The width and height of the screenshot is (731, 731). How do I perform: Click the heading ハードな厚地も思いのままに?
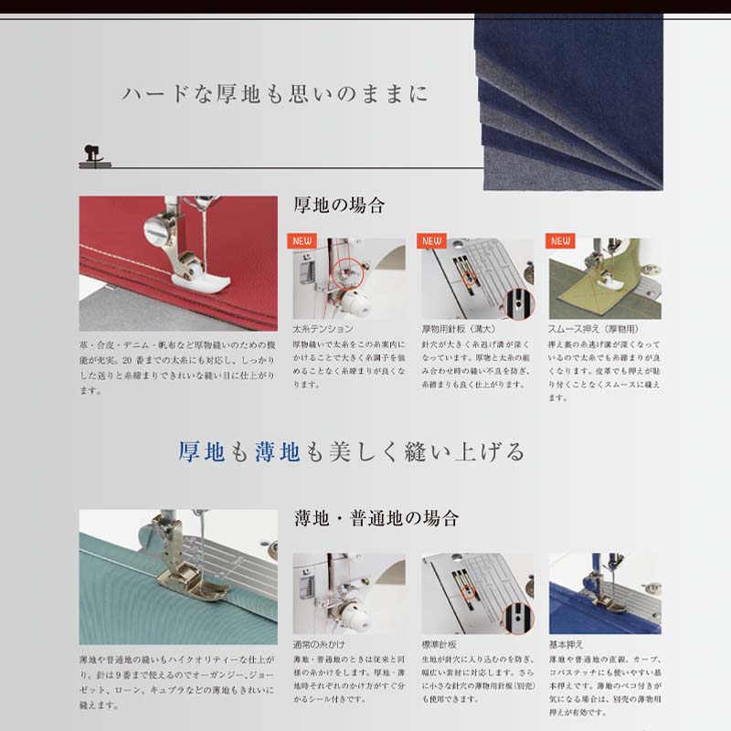pyautogui.click(x=274, y=95)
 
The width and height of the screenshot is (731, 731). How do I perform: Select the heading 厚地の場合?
pyautogui.click(x=339, y=206)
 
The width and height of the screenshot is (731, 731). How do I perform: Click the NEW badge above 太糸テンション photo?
pyautogui.click(x=303, y=241)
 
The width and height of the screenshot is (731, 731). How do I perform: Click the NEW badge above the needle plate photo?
pyautogui.click(x=432, y=241)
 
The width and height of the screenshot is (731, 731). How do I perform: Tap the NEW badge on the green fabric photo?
pyautogui.click(x=559, y=241)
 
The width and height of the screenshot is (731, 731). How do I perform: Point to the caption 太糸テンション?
pyautogui.click(x=323, y=328)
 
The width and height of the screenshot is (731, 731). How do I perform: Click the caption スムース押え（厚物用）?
pyautogui.click(x=592, y=328)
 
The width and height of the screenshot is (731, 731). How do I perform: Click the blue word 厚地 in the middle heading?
pyautogui.click(x=202, y=451)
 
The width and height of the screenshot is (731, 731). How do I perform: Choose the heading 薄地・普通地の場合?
pyautogui.click(x=376, y=519)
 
